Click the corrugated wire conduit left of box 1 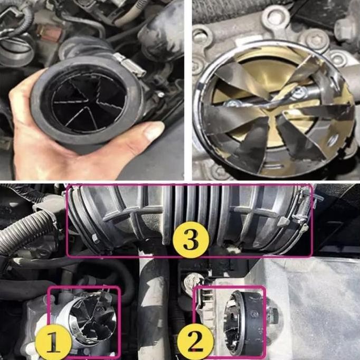pos(24,232)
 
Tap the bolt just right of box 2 pos(274,316)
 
